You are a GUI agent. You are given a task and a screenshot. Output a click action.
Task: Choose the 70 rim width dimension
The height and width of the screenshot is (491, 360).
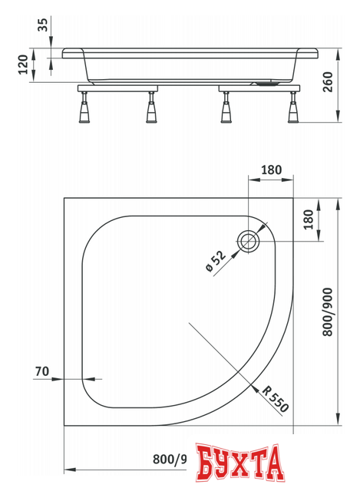[42, 372]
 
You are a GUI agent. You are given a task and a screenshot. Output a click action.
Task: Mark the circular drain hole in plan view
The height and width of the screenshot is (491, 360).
[249, 241]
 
